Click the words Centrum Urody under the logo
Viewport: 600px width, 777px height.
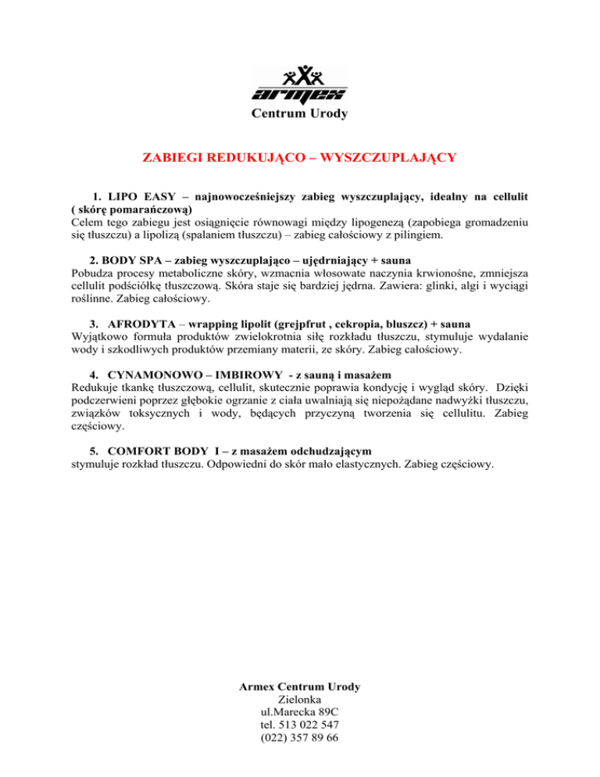(299, 113)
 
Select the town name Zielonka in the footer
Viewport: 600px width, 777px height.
(299, 701)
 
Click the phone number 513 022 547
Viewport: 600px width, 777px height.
(310, 728)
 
